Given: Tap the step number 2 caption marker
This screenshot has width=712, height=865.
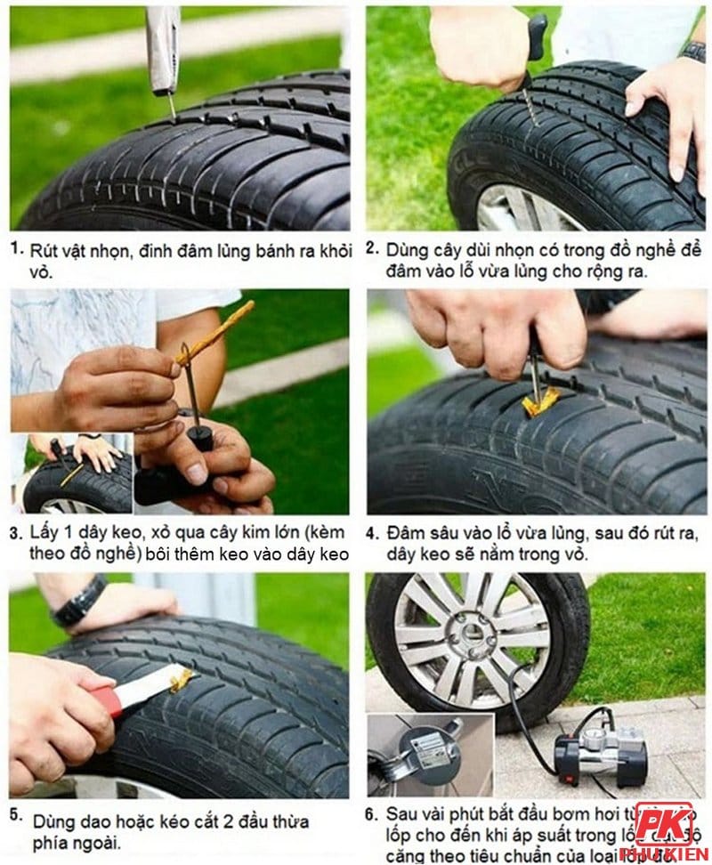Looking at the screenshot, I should click(x=372, y=248).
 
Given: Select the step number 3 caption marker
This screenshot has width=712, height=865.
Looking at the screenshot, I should click(x=16, y=534).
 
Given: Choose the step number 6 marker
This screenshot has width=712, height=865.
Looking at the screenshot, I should click(x=372, y=813).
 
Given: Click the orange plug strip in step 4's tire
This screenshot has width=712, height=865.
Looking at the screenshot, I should click(x=540, y=402).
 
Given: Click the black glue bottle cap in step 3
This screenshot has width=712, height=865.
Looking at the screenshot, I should click(x=199, y=437).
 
